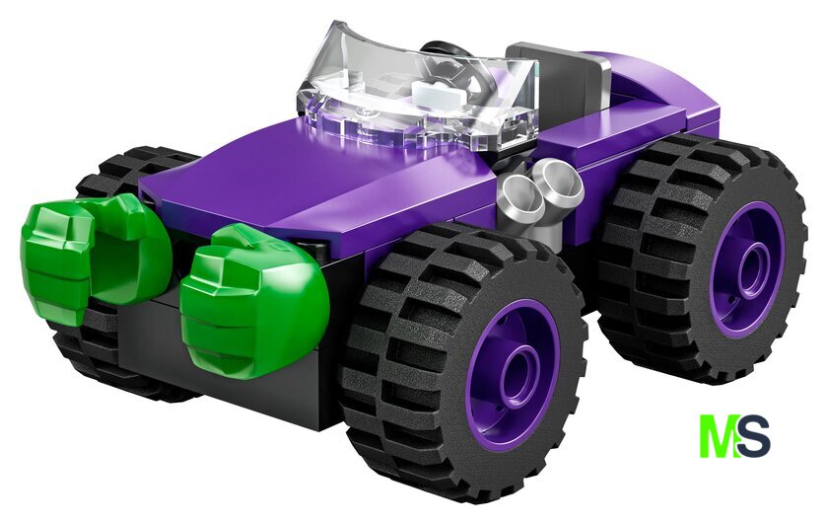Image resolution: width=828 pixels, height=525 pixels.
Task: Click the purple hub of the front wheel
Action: point(513,374)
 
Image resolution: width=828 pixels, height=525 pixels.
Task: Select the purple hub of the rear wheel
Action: point(747,269)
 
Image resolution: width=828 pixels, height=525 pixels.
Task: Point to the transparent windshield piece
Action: point(417,95)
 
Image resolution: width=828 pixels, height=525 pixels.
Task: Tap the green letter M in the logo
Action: point(719,436)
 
